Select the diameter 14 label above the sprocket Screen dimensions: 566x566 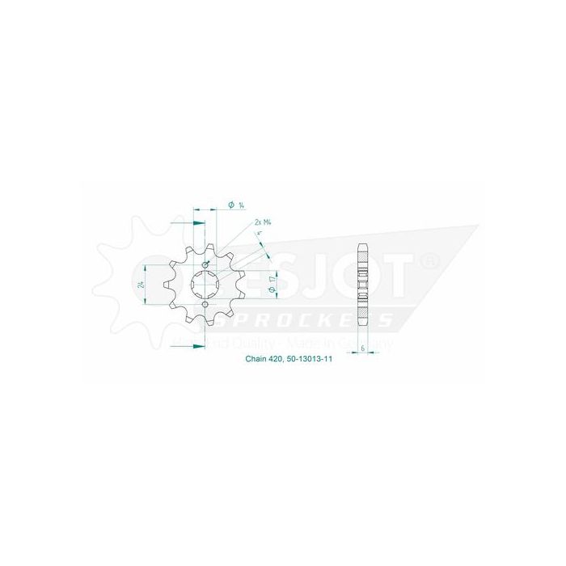click(237, 205)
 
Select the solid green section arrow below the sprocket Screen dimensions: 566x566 click(197, 346)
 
